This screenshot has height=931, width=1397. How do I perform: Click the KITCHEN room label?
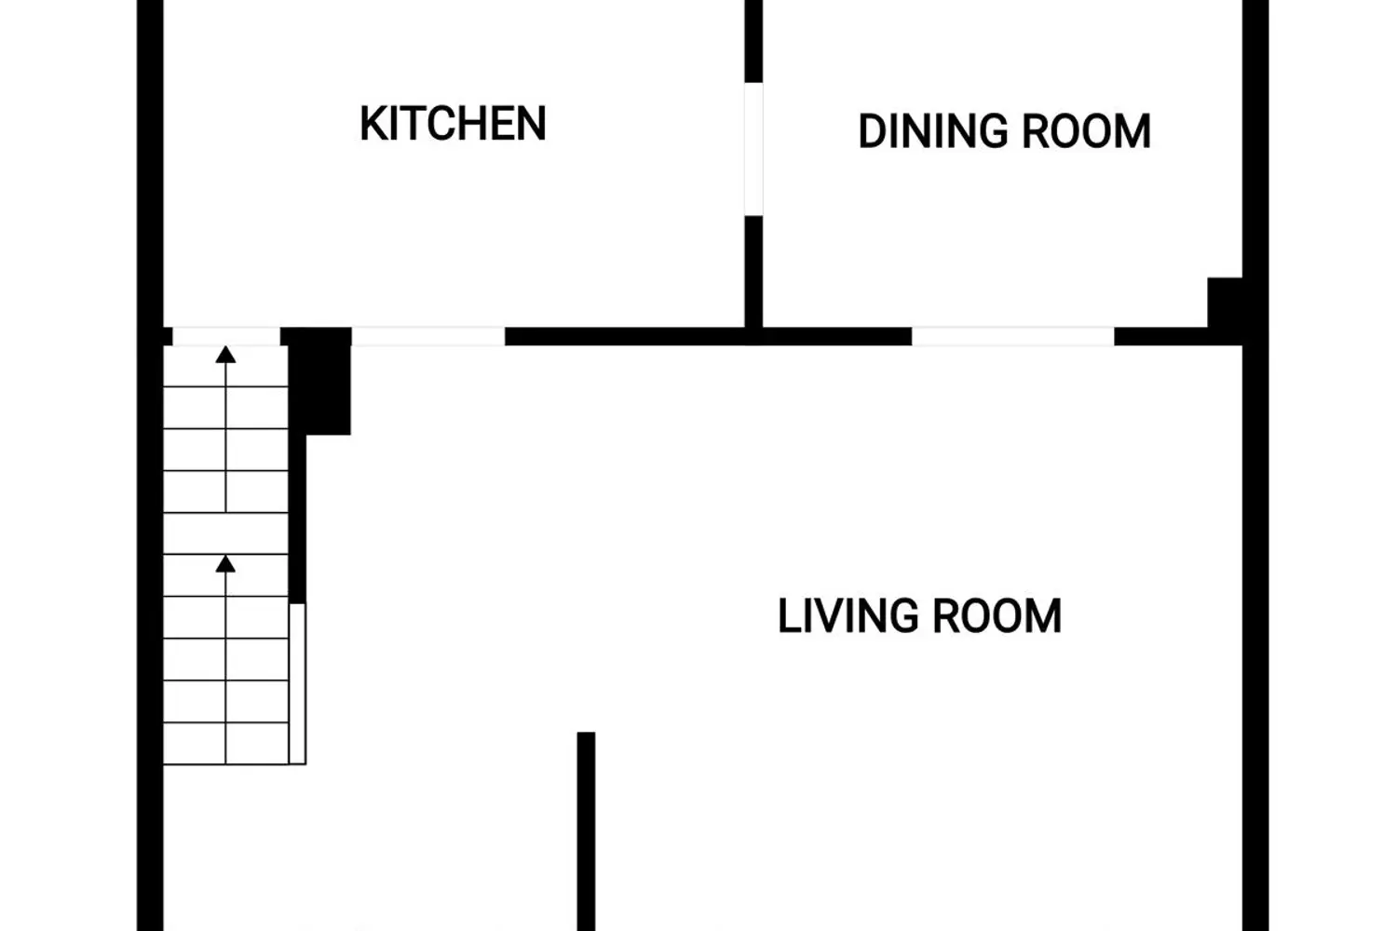pyautogui.click(x=453, y=124)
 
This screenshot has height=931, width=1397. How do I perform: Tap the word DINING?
pyautogui.click(x=933, y=131)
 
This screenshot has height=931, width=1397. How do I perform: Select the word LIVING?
pyautogui.click(x=848, y=616)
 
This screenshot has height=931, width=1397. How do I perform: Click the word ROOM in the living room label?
pyautogui.click(x=997, y=616)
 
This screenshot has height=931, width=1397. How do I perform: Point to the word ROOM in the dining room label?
pyautogui.click(x=1087, y=131)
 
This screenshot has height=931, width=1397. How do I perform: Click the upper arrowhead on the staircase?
pyautogui.click(x=225, y=354)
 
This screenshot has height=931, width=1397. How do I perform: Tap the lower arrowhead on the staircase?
pyautogui.click(x=225, y=563)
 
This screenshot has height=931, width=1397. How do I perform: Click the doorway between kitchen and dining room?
pyautogui.click(x=753, y=149)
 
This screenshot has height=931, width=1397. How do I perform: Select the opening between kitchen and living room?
pyautogui.click(x=428, y=336)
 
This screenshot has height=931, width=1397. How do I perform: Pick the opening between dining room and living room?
pyautogui.click(x=1013, y=336)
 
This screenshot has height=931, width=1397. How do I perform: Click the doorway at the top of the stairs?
pyautogui.click(x=226, y=336)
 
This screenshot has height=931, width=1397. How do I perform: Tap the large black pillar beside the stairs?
pyautogui.click(x=319, y=381)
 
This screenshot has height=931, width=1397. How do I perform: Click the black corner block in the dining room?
pyautogui.click(x=1225, y=303)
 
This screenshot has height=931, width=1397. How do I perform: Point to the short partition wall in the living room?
pyautogui.click(x=586, y=831)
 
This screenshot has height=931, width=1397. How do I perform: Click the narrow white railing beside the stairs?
pyautogui.click(x=297, y=683)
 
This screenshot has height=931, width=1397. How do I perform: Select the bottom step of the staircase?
pyautogui.click(x=225, y=743)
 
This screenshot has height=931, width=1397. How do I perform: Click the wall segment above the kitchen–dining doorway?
pyautogui.click(x=753, y=41)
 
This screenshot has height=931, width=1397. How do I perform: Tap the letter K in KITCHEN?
pyautogui.click(x=373, y=124)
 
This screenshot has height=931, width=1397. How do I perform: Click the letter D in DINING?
pyautogui.click(x=871, y=131)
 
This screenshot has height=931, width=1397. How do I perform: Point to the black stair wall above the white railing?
pyautogui.click(x=297, y=519)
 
